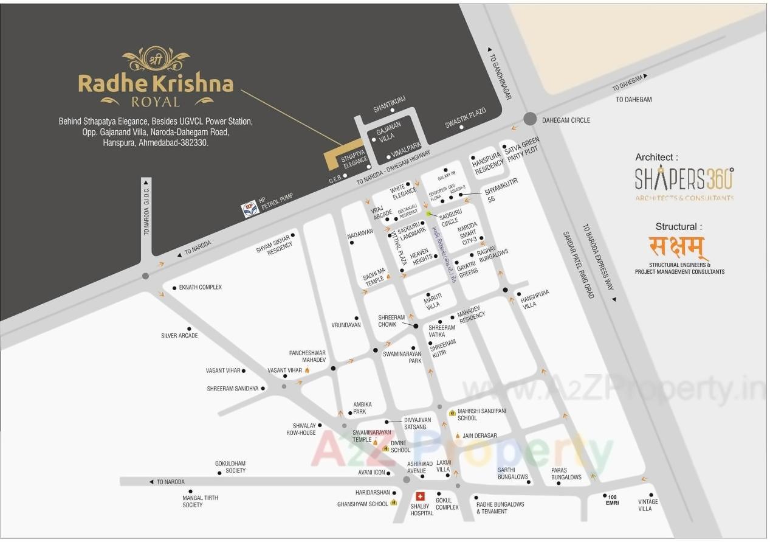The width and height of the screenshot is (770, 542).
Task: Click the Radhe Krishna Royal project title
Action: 156,83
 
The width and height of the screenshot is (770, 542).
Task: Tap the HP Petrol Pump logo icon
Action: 250,209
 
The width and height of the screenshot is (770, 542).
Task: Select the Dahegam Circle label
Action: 565,120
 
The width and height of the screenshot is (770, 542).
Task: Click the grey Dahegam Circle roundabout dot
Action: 531,119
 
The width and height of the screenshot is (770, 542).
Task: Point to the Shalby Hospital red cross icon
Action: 420,496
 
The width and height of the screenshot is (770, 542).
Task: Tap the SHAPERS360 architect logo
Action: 684,179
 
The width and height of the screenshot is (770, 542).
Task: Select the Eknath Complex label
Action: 201,287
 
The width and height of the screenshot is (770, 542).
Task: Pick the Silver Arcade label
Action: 179,336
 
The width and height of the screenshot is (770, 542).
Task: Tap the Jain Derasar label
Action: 480,436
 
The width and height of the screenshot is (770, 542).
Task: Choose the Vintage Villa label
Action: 648,505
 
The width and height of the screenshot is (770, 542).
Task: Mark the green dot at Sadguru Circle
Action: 428,214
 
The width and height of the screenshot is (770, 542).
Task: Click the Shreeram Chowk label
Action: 391,321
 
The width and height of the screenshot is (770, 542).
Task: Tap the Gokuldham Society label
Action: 230,467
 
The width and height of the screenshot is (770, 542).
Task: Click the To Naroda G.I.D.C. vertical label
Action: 146,210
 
